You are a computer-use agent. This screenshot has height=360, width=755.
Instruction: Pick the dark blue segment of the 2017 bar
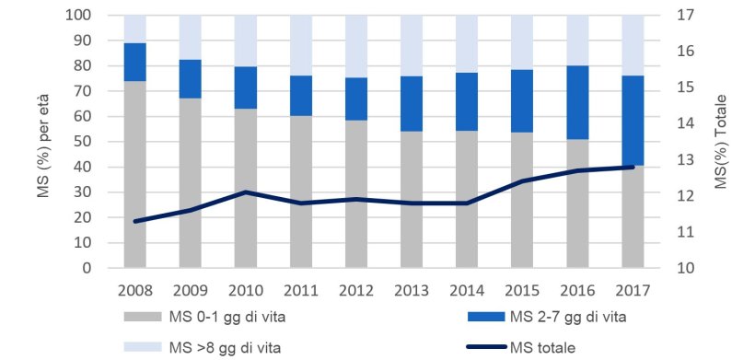[x=633, y=120]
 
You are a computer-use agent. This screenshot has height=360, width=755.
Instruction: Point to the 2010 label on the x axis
[x=245, y=290]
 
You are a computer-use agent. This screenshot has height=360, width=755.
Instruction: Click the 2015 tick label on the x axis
[x=522, y=290]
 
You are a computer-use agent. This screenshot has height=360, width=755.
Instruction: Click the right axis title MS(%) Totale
[x=722, y=142]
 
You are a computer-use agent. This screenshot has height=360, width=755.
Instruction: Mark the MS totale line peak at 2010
[x=245, y=192]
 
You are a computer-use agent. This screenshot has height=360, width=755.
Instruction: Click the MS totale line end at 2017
[x=633, y=167]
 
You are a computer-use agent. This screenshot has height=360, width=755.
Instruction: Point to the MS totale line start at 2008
[x=134, y=221]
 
